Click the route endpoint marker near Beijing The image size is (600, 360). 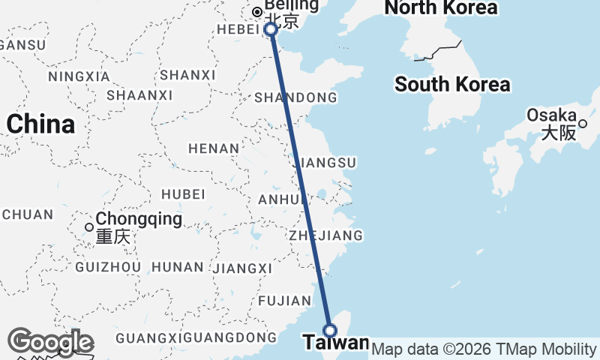tap(271, 30)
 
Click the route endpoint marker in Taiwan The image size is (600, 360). tap(330, 330)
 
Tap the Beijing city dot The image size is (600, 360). tap(257, 12)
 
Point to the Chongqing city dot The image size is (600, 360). tap(89, 227)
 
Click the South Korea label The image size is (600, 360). tap(452, 84)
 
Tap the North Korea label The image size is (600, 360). tap(440, 8)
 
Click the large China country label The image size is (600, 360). tap(40, 124)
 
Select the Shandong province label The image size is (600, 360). tap(295, 98)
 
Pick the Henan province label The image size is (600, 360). tap(213, 148)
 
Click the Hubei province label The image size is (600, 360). tap(183, 193)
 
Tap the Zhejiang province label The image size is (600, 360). tap(326, 235)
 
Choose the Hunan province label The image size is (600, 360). tap(178, 267)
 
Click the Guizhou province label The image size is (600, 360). tap(109, 267)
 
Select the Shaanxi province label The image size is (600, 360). tap(139, 95)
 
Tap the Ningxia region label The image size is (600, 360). tap(79, 76)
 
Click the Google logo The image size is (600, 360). tap(50, 343)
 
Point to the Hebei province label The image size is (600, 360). tap(238, 28)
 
